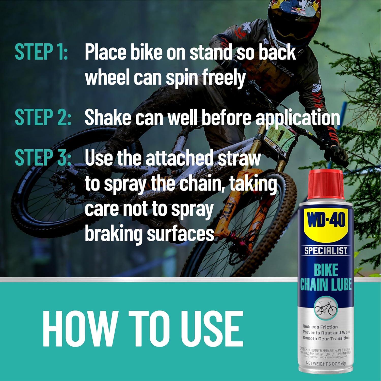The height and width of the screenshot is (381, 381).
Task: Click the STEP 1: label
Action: point(41,52)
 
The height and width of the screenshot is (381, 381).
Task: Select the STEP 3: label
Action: point(43,157)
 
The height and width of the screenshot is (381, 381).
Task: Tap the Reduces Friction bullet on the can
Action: point(320,327)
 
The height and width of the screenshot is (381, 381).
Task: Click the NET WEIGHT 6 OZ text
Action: point(326,363)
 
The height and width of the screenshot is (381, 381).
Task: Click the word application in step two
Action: point(297,118)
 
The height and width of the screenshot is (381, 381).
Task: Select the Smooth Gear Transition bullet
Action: point(326,338)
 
